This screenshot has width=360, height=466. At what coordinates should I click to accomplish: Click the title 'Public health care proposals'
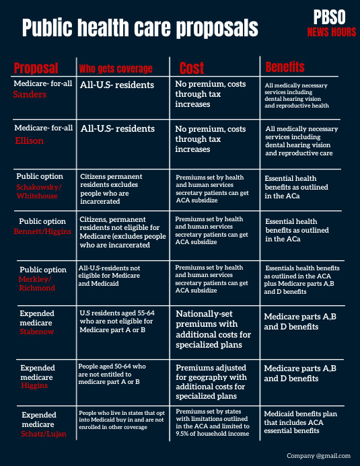coord(140,28)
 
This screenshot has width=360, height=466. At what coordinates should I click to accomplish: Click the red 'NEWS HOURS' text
coord(332,32)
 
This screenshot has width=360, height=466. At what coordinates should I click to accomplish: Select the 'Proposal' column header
coord(36,68)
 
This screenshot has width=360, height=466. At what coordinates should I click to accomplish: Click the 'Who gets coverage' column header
coord(116,68)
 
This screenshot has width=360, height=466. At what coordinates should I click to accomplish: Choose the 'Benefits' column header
coord(285,67)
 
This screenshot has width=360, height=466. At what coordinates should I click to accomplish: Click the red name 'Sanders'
coord(30,95)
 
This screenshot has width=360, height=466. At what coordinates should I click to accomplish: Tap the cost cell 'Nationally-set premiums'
coord(213,329)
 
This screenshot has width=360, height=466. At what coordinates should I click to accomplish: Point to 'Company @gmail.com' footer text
coord(319,456)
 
